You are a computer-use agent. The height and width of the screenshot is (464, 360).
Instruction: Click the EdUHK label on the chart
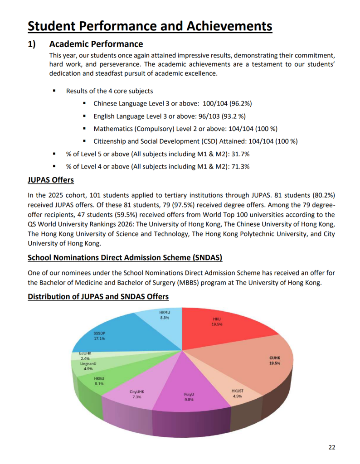click(85, 353)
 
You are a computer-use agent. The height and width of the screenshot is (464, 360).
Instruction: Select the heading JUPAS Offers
click(51, 180)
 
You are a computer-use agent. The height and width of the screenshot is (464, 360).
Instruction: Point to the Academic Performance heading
click(96, 44)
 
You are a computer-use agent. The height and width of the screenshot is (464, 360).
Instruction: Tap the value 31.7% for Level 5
click(240, 154)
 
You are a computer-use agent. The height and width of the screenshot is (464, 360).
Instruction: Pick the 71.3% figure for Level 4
click(240, 166)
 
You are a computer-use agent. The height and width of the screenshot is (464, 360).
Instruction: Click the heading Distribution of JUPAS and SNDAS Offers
click(98, 296)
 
